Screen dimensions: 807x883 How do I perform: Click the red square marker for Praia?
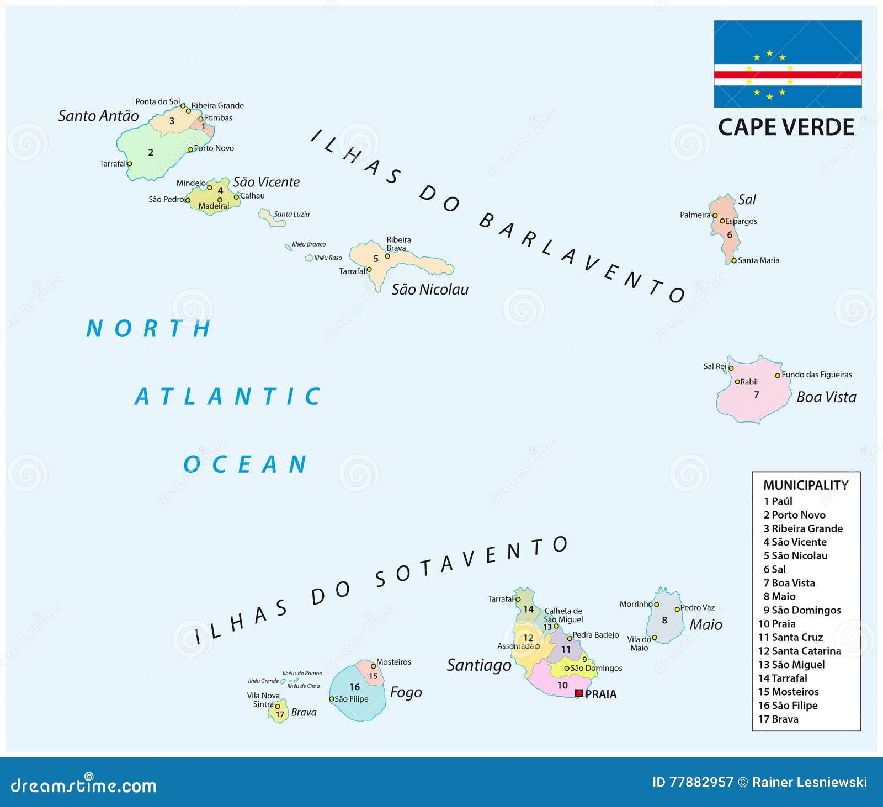pyautogui.click(x=579, y=693)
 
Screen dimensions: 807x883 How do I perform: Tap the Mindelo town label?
pyautogui.click(x=191, y=183)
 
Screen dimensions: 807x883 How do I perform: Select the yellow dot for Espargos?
pyautogui.click(x=722, y=221)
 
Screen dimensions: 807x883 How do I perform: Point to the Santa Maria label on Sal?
pyautogui.click(x=759, y=260)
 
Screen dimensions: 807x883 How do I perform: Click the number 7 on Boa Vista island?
pyautogui.click(x=756, y=395)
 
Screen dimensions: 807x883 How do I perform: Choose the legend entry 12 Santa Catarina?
pyautogui.click(x=800, y=651)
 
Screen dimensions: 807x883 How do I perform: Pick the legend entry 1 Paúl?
pyautogui.click(x=778, y=501)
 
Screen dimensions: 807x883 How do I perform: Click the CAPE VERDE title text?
pyautogui.click(x=786, y=127)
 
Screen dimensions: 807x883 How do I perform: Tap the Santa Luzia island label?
pyautogui.click(x=292, y=214)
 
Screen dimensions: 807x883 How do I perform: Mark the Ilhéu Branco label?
pyautogui.click(x=309, y=244)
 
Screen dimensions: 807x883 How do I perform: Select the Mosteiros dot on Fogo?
pyautogui.click(x=373, y=666)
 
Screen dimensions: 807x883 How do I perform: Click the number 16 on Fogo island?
pyautogui.click(x=354, y=687)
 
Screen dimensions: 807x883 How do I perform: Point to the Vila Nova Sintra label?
pyautogui.click(x=263, y=699)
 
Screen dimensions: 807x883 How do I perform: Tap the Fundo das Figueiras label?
pyautogui.click(x=817, y=375)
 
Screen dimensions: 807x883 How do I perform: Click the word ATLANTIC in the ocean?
pyautogui.click(x=228, y=397)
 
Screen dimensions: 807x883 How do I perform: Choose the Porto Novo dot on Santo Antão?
pyautogui.click(x=190, y=149)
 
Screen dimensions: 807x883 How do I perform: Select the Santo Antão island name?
pyautogui.click(x=99, y=116)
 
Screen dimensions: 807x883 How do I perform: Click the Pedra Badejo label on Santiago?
pyautogui.click(x=595, y=635)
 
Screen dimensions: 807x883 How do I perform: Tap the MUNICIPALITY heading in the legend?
pyautogui.click(x=806, y=485)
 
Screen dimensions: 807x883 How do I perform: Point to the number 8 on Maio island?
pyautogui.click(x=664, y=620)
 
